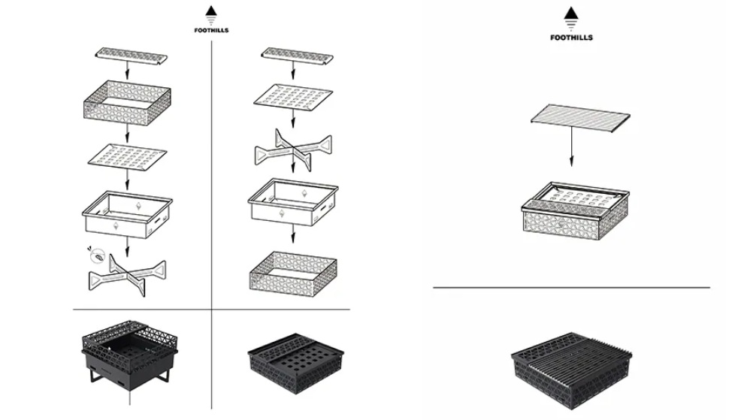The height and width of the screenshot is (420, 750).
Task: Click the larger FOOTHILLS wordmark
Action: click(571, 38)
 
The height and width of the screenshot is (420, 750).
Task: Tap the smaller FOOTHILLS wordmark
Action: click(211, 30)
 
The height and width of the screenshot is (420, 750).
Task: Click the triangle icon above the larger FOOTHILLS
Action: click(570, 14)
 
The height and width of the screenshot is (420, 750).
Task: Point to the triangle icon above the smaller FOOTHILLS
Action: click(211, 11)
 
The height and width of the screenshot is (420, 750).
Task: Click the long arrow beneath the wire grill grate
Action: click(571, 147)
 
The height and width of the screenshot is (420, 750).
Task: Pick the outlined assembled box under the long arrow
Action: click(576, 210)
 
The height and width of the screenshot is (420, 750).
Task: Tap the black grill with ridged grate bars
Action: click(572, 370)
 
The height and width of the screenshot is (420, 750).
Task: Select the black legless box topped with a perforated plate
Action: click(295, 363)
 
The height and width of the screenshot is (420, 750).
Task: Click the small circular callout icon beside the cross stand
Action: click(97, 256)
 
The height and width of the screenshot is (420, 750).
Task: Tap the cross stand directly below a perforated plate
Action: click(293, 150)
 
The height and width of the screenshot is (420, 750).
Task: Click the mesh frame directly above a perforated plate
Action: click(127, 101)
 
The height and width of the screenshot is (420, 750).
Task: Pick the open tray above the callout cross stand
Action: click(127, 214)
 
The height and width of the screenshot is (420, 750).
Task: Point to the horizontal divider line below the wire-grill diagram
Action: click(572, 288)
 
